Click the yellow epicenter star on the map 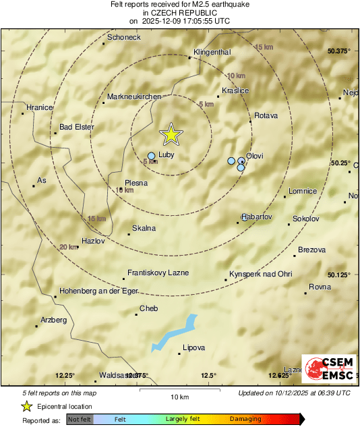[171, 134]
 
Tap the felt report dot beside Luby [151, 156]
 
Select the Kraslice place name [235, 90]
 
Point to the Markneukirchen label [134, 97]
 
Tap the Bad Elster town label [77, 126]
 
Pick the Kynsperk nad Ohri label [260, 274]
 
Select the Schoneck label [124, 38]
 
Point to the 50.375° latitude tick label [340, 51]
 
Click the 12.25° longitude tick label [65, 376]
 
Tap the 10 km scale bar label [179, 396]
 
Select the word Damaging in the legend [245, 419]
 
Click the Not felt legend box [80, 419]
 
